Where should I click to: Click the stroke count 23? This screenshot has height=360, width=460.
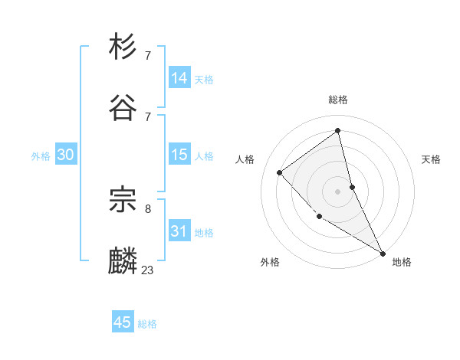pyautogui.click(x=148, y=270)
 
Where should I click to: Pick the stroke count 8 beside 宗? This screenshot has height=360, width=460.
pyautogui.click(x=148, y=208)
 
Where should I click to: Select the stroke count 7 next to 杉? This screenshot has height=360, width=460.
pyautogui.click(x=148, y=55)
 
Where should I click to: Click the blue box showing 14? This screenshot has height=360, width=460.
pyautogui.click(x=179, y=78)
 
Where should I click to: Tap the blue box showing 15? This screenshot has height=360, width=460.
pyautogui.click(x=179, y=155)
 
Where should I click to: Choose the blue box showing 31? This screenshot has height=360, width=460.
pyautogui.click(x=179, y=231)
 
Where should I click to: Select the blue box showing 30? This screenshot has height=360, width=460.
pyautogui.click(x=65, y=155)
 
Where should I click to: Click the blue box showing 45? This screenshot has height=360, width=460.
pyautogui.click(x=123, y=322)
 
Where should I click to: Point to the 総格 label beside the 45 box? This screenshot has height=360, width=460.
pyautogui.click(x=147, y=324)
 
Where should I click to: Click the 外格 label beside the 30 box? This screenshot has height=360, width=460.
pyautogui.click(x=41, y=156)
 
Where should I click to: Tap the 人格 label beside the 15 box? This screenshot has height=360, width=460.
pyautogui.click(x=204, y=156)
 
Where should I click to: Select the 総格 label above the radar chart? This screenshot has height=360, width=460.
pyautogui.click(x=338, y=100)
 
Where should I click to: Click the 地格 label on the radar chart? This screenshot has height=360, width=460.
pyautogui.click(x=402, y=262)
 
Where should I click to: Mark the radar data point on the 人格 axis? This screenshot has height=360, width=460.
pyautogui.click(x=280, y=172)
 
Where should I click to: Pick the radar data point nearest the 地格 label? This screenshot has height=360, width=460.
pyautogui.click(x=382, y=253)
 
